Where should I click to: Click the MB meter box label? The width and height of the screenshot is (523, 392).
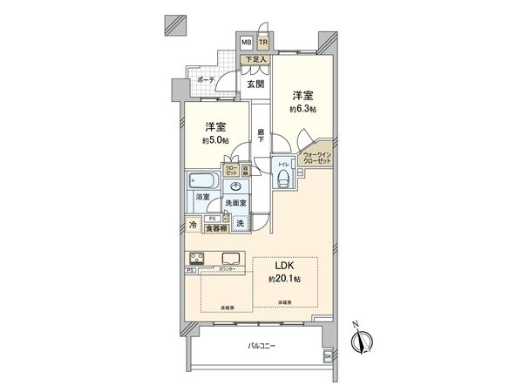click(x=247, y=42)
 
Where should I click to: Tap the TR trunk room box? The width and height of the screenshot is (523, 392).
click(x=261, y=42)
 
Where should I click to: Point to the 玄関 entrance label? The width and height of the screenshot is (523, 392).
click(x=255, y=84)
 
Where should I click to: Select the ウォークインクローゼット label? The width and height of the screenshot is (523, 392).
click(x=316, y=159)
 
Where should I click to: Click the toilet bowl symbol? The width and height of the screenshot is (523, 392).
click(x=284, y=176)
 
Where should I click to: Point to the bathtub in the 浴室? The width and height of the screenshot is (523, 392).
click(x=201, y=182)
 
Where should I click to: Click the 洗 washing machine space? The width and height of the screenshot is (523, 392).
click(x=239, y=225)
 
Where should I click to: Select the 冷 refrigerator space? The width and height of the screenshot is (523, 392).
click(x=193, y=225)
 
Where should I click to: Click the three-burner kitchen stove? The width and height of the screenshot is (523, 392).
click(x=197, y=258)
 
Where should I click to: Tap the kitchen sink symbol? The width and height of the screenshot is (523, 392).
click(x=234, y=257)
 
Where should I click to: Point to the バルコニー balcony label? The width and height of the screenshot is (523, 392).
click(x=261, y=346)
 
